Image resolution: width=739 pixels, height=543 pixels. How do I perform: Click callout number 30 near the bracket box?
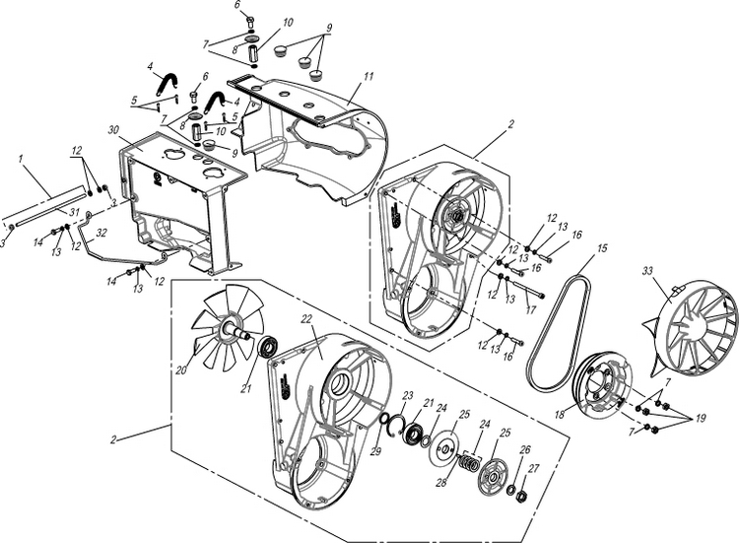point(114,130)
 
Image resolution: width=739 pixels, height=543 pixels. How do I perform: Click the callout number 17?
point(531,309)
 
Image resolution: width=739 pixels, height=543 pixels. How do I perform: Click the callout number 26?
point(525,449)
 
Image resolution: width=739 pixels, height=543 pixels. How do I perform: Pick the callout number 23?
point(406,395)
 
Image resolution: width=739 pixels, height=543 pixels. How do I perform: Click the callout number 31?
point(47,213)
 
